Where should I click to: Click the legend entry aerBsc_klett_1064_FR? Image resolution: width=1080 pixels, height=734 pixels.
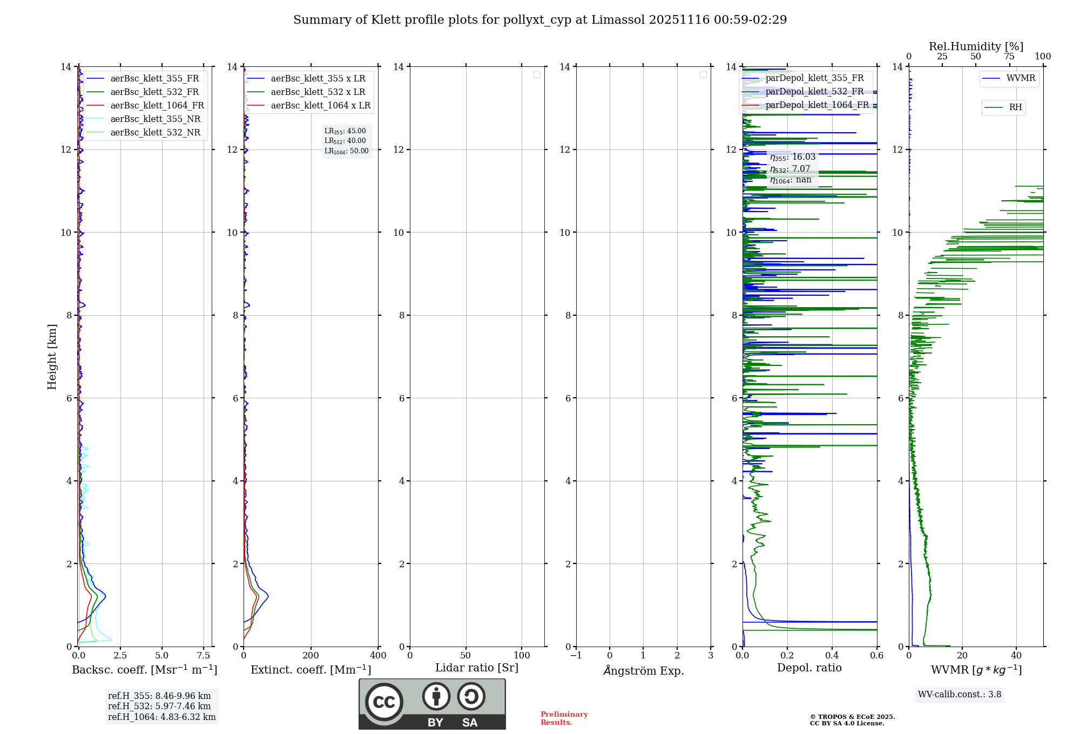pos(157,105)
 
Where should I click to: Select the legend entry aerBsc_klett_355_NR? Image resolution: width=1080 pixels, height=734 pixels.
pos(155,119)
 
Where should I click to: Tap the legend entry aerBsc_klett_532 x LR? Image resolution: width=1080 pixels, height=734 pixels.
pos(318,92)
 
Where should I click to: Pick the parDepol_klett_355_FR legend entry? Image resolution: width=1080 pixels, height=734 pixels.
pos(814,78)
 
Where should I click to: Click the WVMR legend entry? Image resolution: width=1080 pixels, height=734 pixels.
pos(1021,78)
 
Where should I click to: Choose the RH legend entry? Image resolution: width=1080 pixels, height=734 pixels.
pos(1015,107)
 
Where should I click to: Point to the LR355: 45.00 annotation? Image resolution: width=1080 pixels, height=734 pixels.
pos(345,131)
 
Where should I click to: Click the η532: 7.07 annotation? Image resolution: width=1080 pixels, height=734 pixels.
pos(790,169)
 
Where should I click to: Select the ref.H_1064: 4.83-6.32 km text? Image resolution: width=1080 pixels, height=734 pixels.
pos(161,717)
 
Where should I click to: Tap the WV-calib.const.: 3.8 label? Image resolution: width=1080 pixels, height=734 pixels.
pos(960,695)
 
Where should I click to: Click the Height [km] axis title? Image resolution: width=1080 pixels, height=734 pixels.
pos(52,357)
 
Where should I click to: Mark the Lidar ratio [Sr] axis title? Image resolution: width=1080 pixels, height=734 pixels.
pos(477,668)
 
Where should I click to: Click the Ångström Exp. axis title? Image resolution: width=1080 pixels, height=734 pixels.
pos(644,670)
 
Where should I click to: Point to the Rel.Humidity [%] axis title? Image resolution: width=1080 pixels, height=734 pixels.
pos(976,46)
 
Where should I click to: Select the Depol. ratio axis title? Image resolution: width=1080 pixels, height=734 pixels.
pos(809,668)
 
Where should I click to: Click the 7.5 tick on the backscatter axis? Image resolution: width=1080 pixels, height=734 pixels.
pos(204,656)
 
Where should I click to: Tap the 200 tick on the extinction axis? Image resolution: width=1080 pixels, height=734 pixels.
pos(311,656)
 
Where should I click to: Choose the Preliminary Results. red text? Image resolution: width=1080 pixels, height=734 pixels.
pos(564,718)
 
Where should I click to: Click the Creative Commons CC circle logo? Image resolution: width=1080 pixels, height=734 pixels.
pos(384,702)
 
